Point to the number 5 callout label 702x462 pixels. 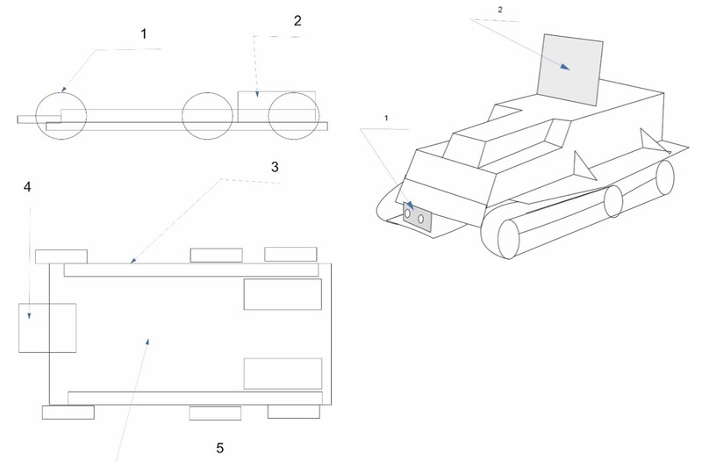[x=220, y=448]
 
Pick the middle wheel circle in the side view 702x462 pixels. [x=206, y=114]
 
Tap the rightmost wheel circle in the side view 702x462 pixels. [x=292, y=114]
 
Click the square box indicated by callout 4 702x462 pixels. [x=48, y=328]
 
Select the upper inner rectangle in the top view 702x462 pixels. [x=282, y=293]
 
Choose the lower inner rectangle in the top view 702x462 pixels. [x=282, y=373]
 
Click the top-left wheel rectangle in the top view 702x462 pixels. [x=61, y=256]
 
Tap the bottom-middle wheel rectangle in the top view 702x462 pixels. [x=215, y=413]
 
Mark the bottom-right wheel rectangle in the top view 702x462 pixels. [x=294, y=411]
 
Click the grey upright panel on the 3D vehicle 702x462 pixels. [x=571, y=69]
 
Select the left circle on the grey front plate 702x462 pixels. [x=408, y=213]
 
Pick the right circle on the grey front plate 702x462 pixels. [x=421, y=219]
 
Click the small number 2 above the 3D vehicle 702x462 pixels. [x=500, y=9]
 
